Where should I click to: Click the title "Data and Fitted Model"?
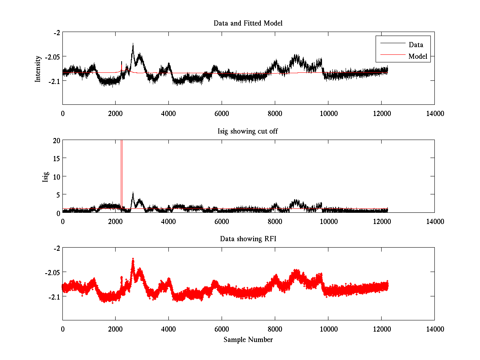click(248, 23)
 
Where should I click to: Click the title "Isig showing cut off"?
click(248, 131)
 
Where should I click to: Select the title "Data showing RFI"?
click(248, 239)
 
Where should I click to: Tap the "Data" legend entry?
click(416, 45)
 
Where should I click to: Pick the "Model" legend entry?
click(418, 56)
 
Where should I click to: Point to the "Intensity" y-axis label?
click(38, 68)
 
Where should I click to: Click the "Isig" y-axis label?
click(45, 176)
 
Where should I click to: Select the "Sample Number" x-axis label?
click(248, 340)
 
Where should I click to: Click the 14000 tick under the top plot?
click(434, 113)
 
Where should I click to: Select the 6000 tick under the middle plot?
click(222, 221)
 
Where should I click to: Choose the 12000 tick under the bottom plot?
click(381, 329)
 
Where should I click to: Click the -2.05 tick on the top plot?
click(52, 56)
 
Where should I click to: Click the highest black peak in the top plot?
click(133, 44)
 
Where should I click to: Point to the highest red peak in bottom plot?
click(133, 259)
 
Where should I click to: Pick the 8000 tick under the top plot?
click(275, 113)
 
